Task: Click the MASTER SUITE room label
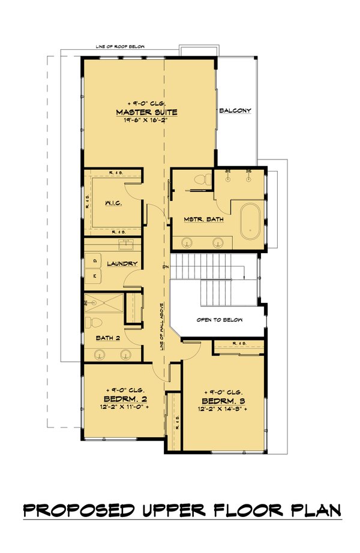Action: [x=147, y=112]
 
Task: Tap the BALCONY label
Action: [x=235, y=110]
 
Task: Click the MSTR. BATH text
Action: [x=204, y=220]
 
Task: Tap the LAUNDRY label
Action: [x=122, y=264]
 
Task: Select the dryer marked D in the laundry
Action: [x=95, y=260]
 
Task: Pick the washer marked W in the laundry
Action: [x=95, y=275]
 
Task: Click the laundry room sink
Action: [x=128, y=244]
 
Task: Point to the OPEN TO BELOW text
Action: [x=220, y=320]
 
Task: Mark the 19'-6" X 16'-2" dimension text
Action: [x=147, y=120]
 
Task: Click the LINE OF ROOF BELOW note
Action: [x=120, y=47]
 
